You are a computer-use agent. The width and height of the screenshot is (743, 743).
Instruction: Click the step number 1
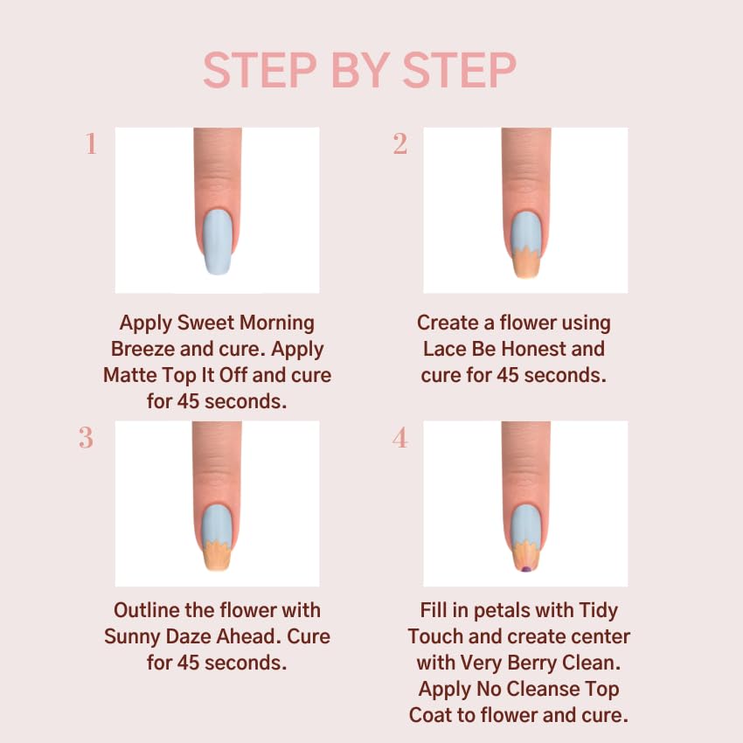pyautogui.click(x=91, y=144)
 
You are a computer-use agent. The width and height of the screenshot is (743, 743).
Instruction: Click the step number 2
pyautogui.click(x=400, y=144)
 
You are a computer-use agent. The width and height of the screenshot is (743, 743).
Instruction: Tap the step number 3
pyautogui.click(x=86, y=438)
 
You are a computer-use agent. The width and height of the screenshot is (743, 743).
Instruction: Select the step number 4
pyautogui.click(x=400, y=438)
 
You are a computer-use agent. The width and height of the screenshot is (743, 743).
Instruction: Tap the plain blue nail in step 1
pyautogui.click(x=217, y=242)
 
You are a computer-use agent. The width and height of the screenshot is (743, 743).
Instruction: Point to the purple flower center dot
pyautogui.click(x=525, y=568)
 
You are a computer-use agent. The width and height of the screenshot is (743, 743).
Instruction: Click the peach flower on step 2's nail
pyautogui.click(x=525, y=263)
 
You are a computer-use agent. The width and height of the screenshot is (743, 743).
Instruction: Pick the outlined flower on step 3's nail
pyautogui.click(x=217, y=556)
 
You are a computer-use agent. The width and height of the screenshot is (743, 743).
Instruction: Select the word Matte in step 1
pyautogui.click(x=132, y=375)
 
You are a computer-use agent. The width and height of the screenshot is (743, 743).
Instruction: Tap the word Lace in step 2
pyautogui.click(x=445, y=349)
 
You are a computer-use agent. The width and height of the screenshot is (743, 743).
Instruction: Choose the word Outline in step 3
pyautogui.click(x=147, y=610)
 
